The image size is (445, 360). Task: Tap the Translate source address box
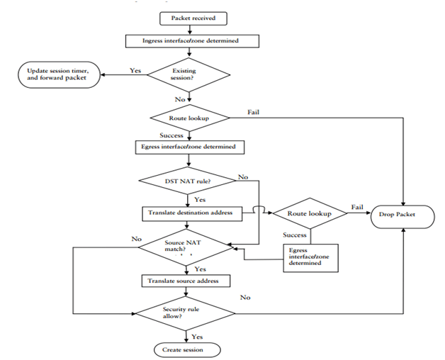(187, 281)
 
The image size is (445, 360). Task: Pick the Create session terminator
(187, 349)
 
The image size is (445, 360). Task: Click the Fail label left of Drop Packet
(357, 207)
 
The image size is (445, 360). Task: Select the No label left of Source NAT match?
(136, 240)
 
